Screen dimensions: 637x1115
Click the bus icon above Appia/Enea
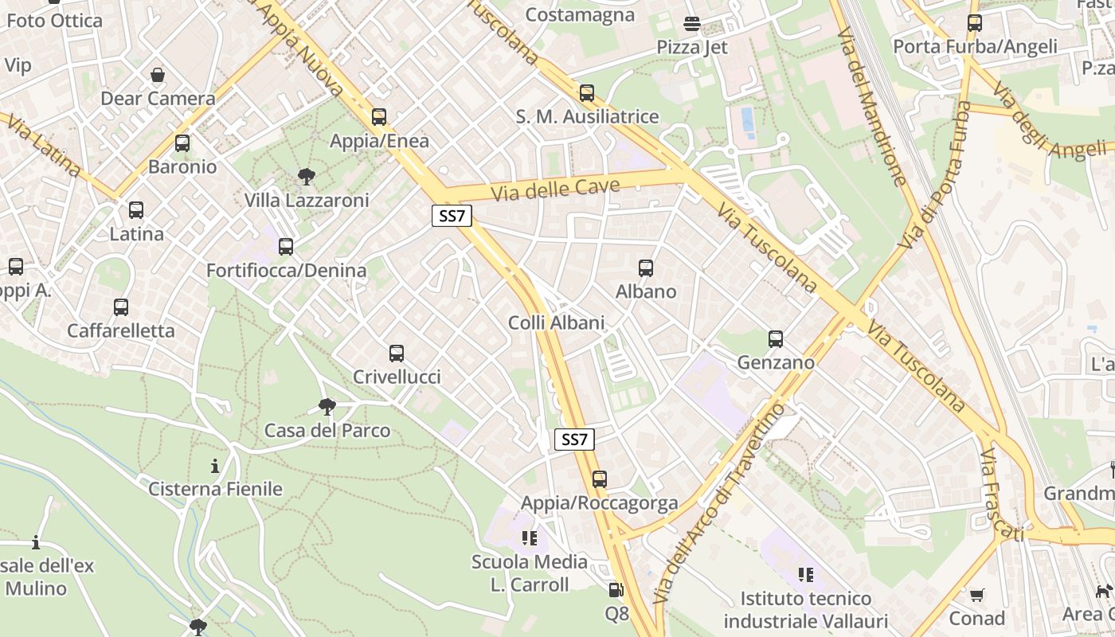[379, 117]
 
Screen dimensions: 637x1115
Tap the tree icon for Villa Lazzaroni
[306, 177]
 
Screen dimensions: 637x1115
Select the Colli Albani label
[557, 322]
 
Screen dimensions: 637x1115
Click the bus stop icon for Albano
[646, 268]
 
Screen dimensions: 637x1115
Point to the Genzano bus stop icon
[776, 339]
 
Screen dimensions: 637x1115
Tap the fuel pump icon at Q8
[616, 590]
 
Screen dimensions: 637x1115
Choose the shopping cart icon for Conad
[977, 595]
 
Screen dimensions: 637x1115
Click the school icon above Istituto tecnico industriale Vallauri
[806, 574]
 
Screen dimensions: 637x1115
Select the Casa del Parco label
[327, 431]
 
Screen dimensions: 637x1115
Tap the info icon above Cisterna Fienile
[215, 466]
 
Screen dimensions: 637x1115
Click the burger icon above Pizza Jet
[692, 24]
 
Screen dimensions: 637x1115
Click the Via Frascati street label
[1001, 494]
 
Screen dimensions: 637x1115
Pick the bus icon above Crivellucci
[397, 354]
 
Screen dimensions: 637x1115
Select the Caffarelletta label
[121, 330]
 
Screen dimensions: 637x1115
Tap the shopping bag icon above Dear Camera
[158, 76]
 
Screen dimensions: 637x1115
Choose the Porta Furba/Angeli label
[975, 46]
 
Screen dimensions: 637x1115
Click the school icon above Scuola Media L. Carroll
[530, 538]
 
